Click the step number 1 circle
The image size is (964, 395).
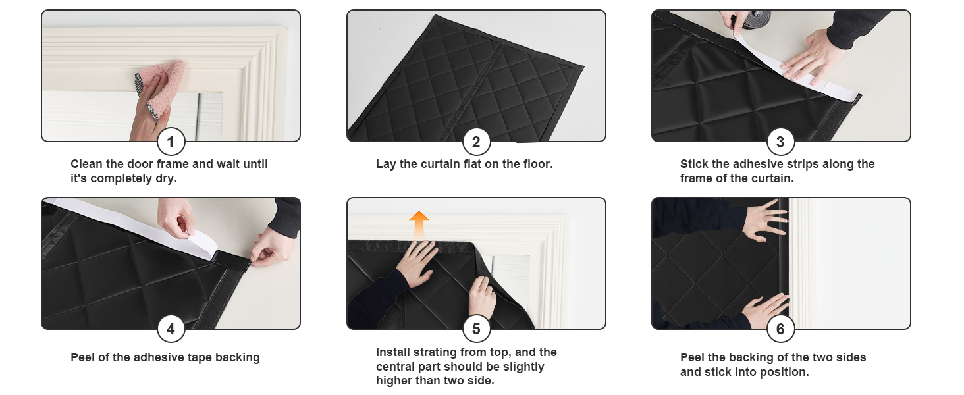171,142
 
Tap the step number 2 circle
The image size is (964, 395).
477,142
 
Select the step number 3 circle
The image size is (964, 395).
781,142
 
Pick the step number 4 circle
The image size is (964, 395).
171,329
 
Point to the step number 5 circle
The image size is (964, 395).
477,329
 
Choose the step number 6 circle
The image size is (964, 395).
781,329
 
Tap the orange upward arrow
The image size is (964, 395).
419,225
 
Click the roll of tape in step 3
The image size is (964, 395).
755,19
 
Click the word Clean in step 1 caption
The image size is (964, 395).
86,164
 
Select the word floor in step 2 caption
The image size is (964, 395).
538,164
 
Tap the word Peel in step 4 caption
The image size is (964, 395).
82,357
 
